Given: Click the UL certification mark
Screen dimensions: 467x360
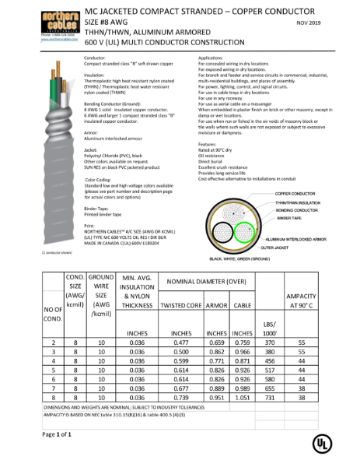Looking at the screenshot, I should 320,441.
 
